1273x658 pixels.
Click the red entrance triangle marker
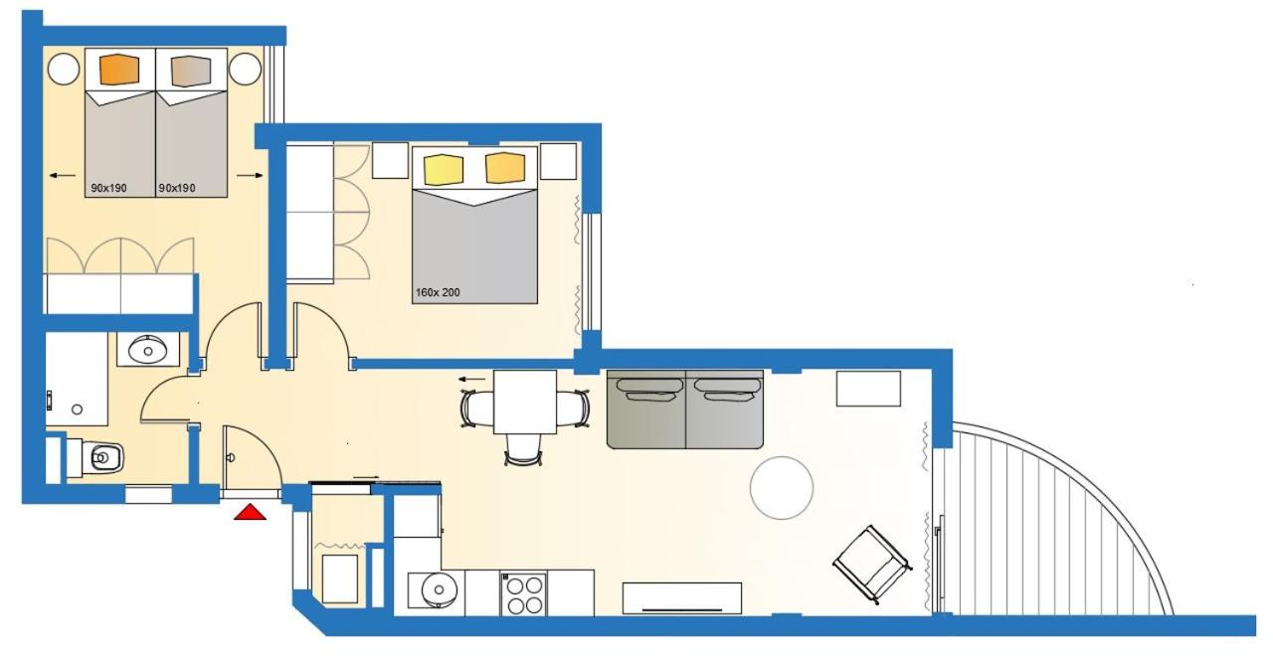pyautogui.click(x=250, y=512)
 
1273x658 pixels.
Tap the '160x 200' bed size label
pyautogui.click(x=438, y=292)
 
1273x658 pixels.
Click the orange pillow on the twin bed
pyautogui.click(x=119, y=70)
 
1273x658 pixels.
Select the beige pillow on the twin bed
pyautogui.click(x=191, y=71)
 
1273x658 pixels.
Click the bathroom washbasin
pyautogui.click(x=148, y=350)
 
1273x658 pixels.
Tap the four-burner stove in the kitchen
pyautogui.click(x=524, y=594)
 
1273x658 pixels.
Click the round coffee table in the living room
pyautogui.click(x=782, y=488)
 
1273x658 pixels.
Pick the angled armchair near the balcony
pyautogui.click(x=871, y=565)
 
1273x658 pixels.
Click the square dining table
pyautogui.click(x=524, y=402)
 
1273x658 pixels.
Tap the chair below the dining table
pyautogui.click(x=523, y=449)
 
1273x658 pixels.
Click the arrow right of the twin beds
pyautogui.click(x=250, y=176)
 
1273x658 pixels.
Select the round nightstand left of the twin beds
pyautogui.click(x=63, y=70)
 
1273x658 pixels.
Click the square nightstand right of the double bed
pyautogui.click(x=558, y=161)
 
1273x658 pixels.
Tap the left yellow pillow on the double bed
pyautogui.click(x=444, y=170)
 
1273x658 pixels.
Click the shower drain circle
pyautogui.click(x=78, y=410)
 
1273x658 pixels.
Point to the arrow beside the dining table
pyautogui.click(x=472, y=379)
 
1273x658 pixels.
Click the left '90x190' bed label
pyautogui.click(x=108, y=188)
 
